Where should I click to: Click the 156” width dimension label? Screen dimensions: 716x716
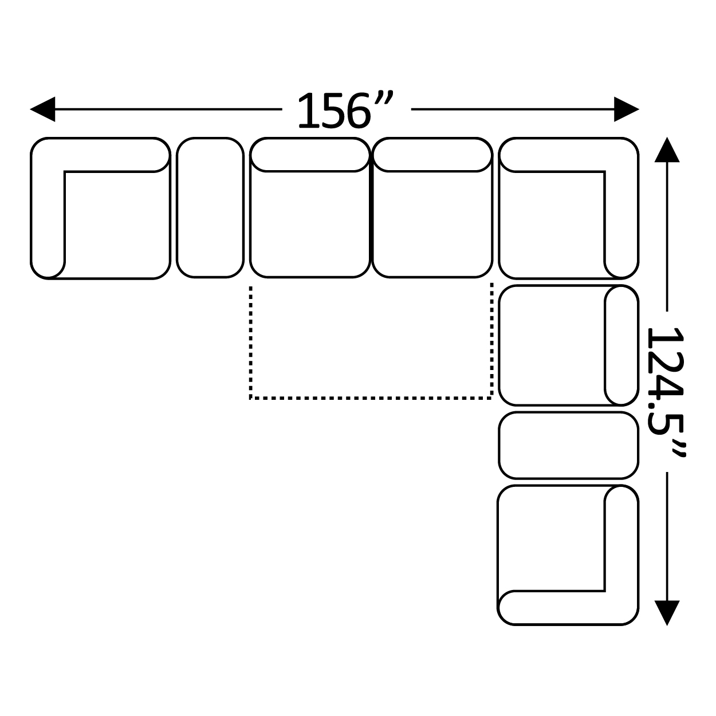click(345, 110)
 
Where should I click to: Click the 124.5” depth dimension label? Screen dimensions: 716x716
click(666, 392)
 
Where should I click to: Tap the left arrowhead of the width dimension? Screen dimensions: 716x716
click(43, 109)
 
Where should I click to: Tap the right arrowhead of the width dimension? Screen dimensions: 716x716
click(627, 109)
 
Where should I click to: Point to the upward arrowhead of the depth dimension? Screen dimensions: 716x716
click(667, 150)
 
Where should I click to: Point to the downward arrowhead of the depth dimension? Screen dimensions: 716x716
click(667, 613)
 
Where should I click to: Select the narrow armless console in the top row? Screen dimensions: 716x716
click(210, 208)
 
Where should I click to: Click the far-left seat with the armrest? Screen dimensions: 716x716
click(100, 208)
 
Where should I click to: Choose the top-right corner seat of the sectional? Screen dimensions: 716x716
click(568, 208)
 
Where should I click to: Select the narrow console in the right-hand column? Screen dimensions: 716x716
click(568, 446)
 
